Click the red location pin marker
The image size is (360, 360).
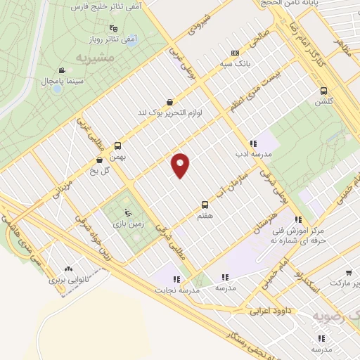pyautogui.click(x=181, y=165)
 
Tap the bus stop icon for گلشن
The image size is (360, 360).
pyautogui.click(x=323, y=91)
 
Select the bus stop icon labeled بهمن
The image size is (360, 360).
pyautogui.click(x=117, y=148)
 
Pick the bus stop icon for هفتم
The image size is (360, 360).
pyautogui.click(x=205, y=205)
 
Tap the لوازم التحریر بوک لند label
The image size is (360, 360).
pyautogui.click(x=169, y=112)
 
